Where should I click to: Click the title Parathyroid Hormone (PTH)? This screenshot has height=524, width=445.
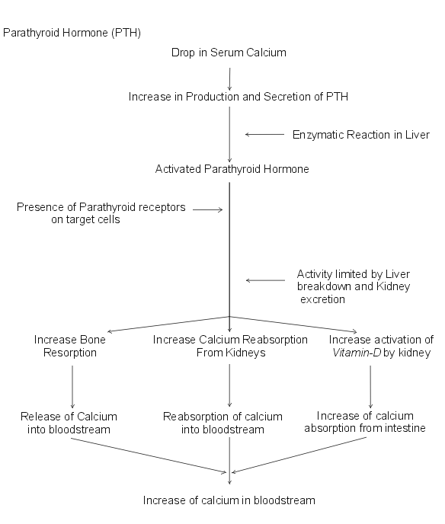[72, 33]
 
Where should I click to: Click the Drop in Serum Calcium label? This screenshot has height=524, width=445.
[229, 53]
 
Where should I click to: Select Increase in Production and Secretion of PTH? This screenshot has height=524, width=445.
[239, 97]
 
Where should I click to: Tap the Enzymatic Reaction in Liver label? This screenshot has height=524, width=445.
[360, 135]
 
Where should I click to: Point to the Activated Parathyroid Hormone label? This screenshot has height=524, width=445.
[232, 169]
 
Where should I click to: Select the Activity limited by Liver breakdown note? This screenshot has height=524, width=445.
[354, 286]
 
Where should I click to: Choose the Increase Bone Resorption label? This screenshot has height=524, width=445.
[70, 346]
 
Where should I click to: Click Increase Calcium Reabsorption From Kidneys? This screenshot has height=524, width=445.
[230, 346]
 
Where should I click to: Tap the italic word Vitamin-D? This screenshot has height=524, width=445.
[357, 353]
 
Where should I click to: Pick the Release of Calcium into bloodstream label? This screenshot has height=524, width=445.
[69, 423]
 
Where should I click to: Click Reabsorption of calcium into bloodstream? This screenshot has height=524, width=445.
[222, 423]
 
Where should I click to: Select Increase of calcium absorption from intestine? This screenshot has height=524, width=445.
[365, 422]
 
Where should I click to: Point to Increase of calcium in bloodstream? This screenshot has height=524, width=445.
[229, 500]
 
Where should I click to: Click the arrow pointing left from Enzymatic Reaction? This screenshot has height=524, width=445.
[265, 134]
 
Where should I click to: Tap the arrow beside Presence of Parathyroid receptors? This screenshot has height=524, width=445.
[207, 209]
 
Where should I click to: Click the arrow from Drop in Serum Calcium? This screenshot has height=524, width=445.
[229, 79]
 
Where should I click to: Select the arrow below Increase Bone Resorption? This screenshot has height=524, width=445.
[72, 387]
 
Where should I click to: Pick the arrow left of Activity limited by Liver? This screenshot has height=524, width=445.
[265, 280]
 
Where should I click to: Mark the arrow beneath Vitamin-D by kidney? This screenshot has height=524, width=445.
[370, 387]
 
